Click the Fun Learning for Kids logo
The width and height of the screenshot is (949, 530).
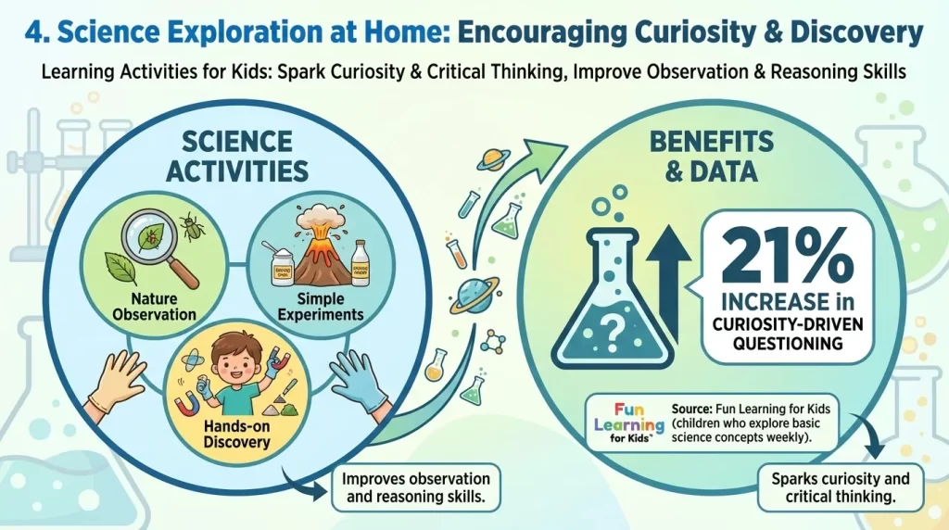tap(629, 422)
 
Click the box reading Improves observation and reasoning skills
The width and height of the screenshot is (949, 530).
tap(415, 487)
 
